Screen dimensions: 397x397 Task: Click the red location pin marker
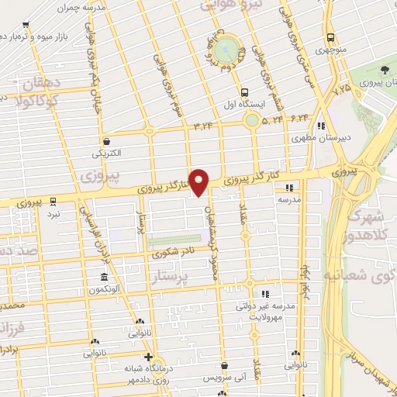(x=199, y=181)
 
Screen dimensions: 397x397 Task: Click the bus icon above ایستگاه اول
(x=245, y=90)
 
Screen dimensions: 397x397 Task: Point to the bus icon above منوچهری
(x=330, y=36)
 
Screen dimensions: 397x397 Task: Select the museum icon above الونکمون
(x=104, y=278)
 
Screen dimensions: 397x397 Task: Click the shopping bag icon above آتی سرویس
(x=223, y=365)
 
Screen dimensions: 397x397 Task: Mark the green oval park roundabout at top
(x=227, y=50)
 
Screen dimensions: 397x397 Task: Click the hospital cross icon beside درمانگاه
(x=148, y=357)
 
